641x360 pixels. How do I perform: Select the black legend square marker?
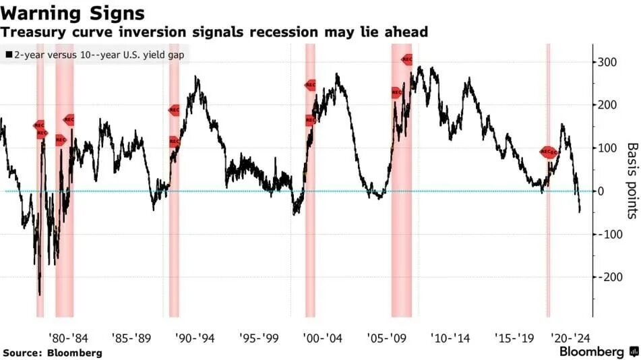(x=8, y=54)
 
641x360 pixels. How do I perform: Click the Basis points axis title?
(x=632, y=180)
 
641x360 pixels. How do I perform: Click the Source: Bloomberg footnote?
(x=52, y=353)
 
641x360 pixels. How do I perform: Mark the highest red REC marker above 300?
(x=406, y=59)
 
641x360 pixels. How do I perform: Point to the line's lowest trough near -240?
(x=40, y=294)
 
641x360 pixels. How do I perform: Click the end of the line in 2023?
(x=579, y=212)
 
